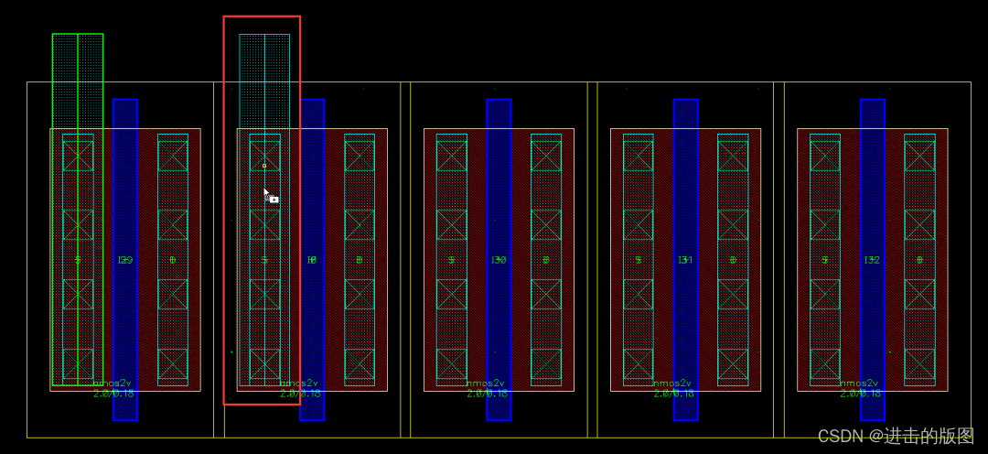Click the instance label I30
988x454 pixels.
(499, 260)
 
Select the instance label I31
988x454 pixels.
(685, 260)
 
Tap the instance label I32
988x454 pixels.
(872, 260)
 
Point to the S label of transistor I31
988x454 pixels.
(639, 260)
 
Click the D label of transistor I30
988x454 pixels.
(546, 260)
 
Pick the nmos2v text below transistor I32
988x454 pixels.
(859, 383)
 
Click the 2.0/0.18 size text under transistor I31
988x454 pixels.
(673, 394)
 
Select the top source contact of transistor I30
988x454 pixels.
(452, 156)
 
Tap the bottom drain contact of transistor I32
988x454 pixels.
(919, 364)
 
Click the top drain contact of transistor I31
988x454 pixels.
(733, 156)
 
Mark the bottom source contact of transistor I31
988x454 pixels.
(639, 364)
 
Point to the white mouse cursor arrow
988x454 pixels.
(266, 193)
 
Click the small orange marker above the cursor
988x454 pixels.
(264, 166)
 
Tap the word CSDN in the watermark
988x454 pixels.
(840, 437)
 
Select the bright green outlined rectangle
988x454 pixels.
(78, 55)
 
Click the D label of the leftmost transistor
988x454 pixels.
(173, 260)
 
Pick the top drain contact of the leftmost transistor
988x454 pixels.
(173, 156)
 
